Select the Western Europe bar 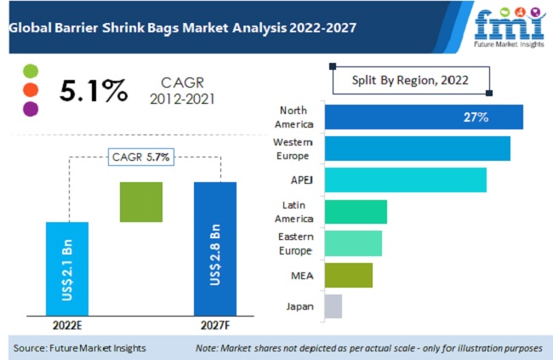point(417,148)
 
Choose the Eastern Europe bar point(353,243)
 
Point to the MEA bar point(349,274)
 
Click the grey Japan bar point(334,306)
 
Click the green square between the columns point(141,202)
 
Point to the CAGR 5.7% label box point(140,157)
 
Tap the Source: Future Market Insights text point(81,348)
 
